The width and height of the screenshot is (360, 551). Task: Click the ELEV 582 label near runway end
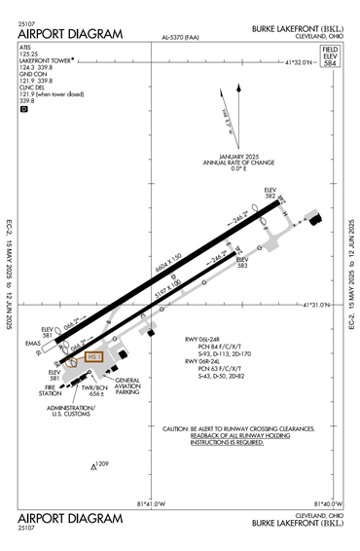(271, 192)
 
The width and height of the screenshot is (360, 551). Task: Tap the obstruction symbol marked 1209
(94, 467)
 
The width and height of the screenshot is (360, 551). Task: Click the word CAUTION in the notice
(175, 428)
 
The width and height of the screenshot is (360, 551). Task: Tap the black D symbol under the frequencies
(24, 109)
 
